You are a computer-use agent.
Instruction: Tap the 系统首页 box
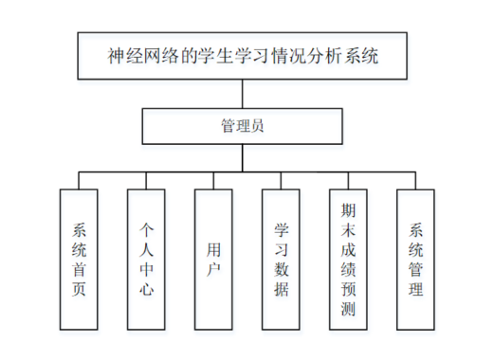(x=79, y=258)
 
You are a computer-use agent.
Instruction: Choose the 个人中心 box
(x=146, y=258)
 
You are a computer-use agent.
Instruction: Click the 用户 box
(x=213, y=258)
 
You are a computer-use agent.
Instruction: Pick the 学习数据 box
(x=282, y=258)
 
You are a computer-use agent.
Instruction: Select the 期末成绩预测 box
(x=348, y=258)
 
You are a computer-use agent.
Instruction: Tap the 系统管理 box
(x=415, y=258)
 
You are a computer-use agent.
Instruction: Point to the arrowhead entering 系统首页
(x=79, y=186)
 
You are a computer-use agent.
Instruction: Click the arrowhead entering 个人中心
(x=146, y=186)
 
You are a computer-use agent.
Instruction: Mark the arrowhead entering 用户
(x=213, y=186)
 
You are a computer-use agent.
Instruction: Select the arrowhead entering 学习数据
(x=282, y=186)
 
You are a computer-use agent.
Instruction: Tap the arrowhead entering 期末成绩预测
(x=348, y=186)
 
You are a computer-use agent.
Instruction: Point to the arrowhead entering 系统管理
(x=415, y=186)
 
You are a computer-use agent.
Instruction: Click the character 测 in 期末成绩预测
(x=348, y=312)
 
